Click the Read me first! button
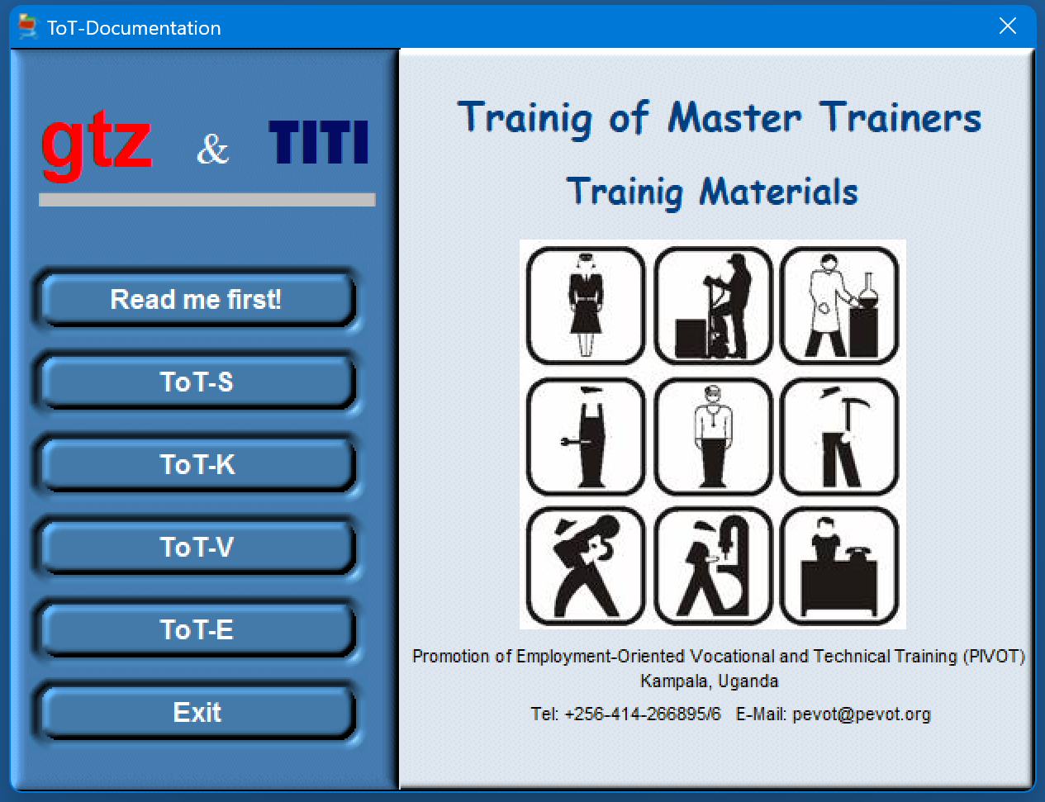tap(197, 299)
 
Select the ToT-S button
tap(197, 382)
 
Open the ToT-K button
tap(197, 464)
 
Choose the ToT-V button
tap(197, 547)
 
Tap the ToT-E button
tap(197, 630)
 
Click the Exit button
tap(197, 713)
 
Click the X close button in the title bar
tap(1008, 26)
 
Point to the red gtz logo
tap(96, 145)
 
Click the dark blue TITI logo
tap(318, 142)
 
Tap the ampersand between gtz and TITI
tap(212, 149)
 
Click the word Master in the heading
tap(734, 118)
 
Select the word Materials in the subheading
tap(778, 192)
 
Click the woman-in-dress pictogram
tap(586, 306)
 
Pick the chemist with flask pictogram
tap(839, 306)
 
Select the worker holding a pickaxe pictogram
tap(839, 437)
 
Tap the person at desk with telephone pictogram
tap(839, 567)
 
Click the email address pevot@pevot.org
tap(862, 714)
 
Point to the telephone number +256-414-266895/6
tap(643, 714)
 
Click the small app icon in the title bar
tap(27, 26)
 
